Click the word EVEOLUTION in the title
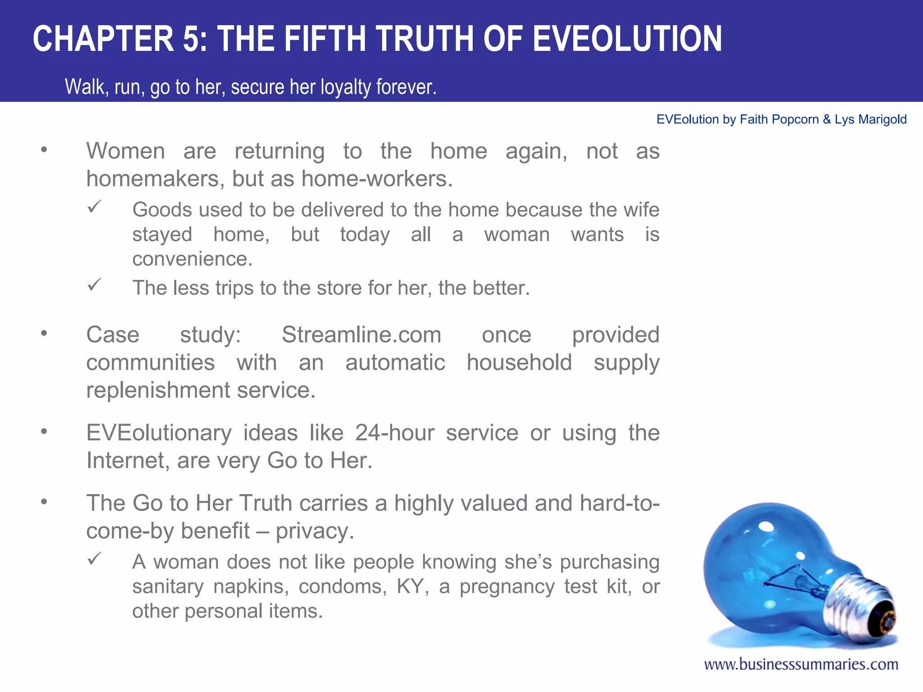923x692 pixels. [x=627, y=39]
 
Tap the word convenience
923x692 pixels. [x=192, y=259]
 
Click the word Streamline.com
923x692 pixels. [x=361, y=335]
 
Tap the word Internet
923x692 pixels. [x=126, y=461]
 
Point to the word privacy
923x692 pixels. [x=315, y=531]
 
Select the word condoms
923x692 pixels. [x=342, y=587]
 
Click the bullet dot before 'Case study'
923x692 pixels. [x=44, y=333]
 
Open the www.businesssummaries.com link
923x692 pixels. [x=801, y=664]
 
